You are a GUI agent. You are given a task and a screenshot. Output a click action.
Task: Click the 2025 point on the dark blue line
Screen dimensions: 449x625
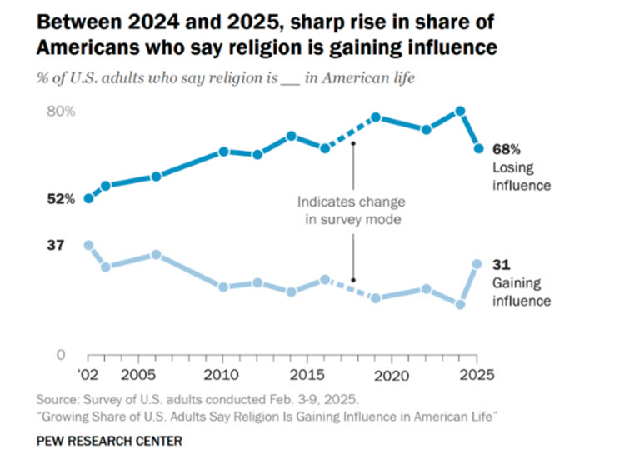[x=479, y=148]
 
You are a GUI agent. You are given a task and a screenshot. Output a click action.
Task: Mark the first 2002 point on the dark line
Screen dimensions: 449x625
[x=88, y=198]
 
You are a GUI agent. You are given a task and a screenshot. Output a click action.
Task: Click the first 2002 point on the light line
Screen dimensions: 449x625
[x=88, y=245]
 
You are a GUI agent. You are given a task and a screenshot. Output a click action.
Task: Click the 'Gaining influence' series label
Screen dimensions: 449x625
[x=522, y=292]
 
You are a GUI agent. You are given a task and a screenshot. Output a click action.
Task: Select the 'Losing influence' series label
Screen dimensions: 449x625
[x=522, y=177]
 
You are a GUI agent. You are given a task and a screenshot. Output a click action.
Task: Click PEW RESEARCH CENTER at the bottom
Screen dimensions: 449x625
[x=109, y=438]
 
